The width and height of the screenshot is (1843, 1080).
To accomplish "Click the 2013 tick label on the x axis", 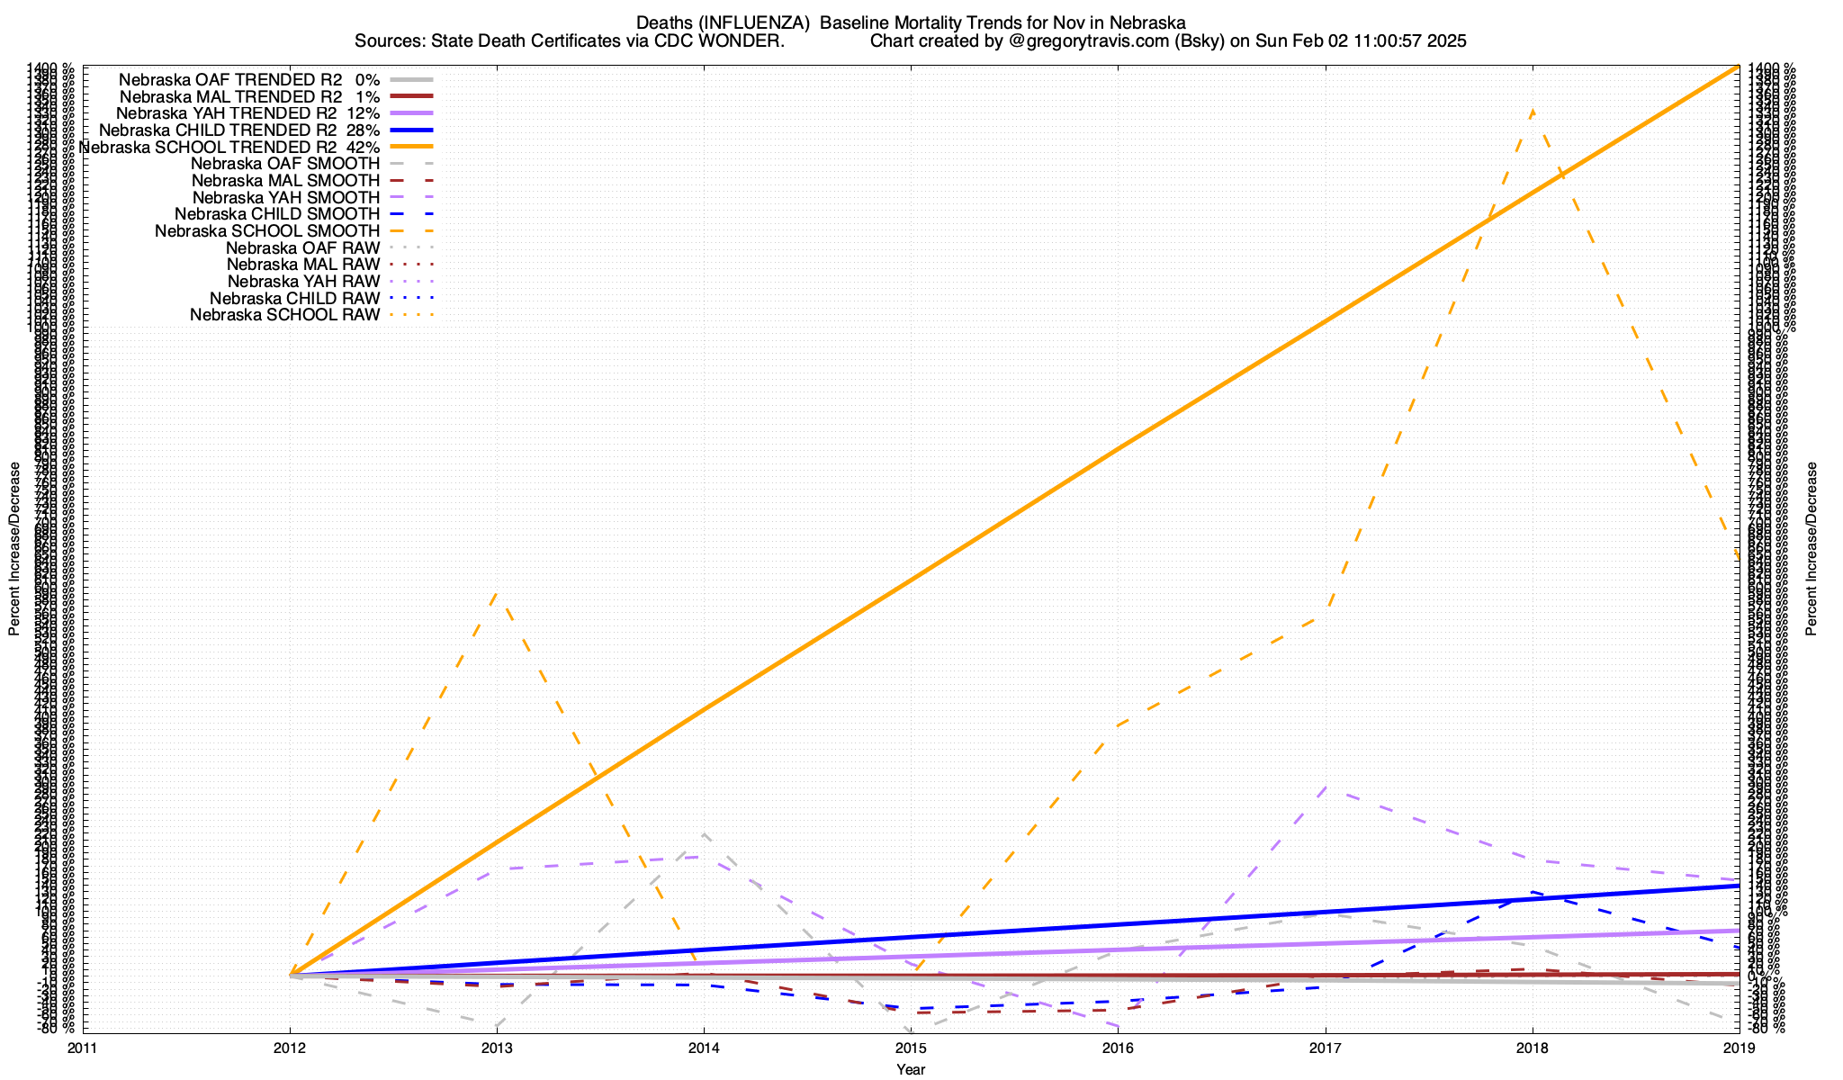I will tap(497, 1047).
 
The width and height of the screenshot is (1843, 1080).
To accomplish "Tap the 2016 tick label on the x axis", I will tap(1118, 1047).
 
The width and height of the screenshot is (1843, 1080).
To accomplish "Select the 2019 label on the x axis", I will tap(1739, 1047).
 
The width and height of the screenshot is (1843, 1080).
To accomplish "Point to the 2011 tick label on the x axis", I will tap(83, 1047).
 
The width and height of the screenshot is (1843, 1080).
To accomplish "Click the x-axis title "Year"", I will tap(911, 1069).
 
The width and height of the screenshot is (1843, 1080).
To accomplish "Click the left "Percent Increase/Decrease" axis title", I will tap(14, 549).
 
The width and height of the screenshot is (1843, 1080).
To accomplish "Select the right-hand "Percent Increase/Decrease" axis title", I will tap(1812, 549).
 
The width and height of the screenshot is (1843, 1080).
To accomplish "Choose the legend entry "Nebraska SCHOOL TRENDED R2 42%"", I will tap(229, 147).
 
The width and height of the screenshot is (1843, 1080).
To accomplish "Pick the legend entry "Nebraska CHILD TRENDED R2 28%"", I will tap(239, 130).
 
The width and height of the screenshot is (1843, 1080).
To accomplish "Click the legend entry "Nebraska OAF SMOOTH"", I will tap(285, 164).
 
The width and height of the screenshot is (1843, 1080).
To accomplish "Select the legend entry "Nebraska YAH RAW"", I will tap(303, 282).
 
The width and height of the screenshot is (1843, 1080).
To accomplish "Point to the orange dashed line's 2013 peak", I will tap(498, 591).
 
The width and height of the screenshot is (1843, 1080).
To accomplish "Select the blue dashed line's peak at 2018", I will tap(1532, 893).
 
